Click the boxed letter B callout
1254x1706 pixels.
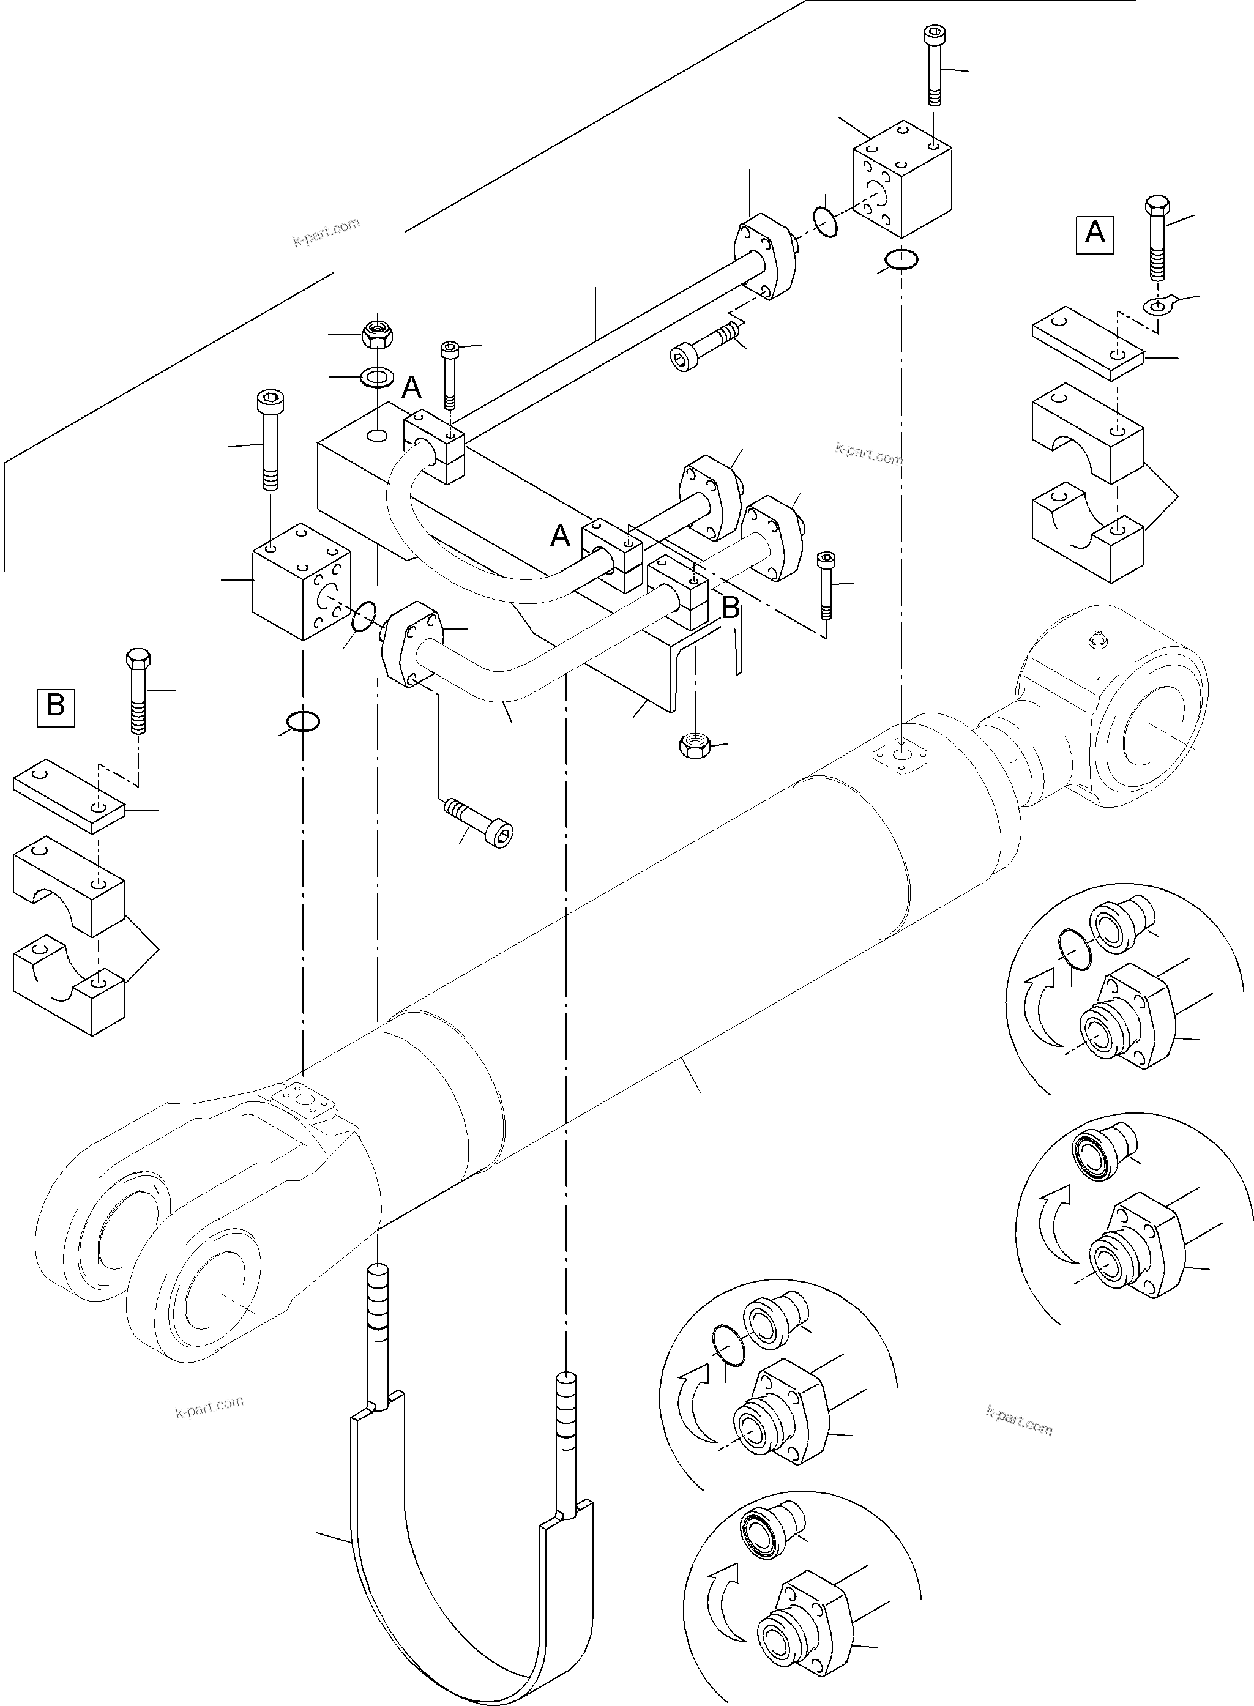[56, 707]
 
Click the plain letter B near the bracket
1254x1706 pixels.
[730, 608]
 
